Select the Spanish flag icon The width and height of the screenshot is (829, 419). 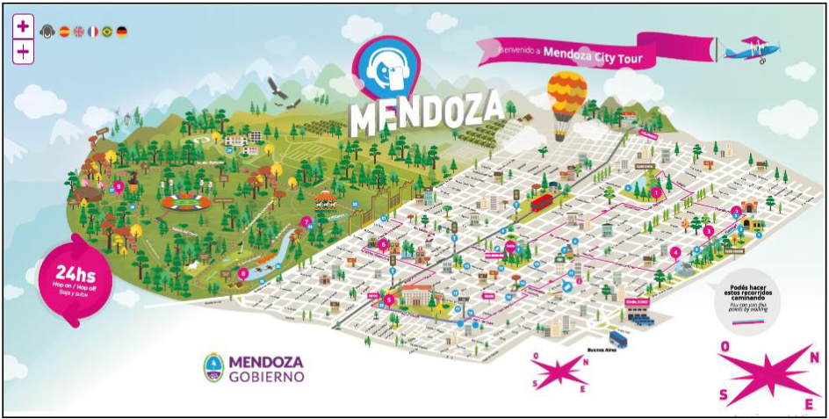click(x=64, y=32)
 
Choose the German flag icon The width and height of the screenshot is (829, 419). click(x=121, y=32)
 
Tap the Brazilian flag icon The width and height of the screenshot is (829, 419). click(x=107, y=32)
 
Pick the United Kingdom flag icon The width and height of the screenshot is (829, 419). click(x=78, y=32)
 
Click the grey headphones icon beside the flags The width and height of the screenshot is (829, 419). click(x=47, y=32)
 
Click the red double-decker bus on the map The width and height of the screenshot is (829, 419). click(x=541, y=202)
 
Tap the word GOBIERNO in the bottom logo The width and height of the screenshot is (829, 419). click(x=266, y=376)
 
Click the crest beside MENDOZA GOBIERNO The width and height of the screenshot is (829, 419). click(x=213, y=367)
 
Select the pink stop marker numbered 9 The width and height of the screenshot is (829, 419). click(x=119, y=185)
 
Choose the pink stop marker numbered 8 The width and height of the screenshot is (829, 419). click(x=242, y=273)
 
